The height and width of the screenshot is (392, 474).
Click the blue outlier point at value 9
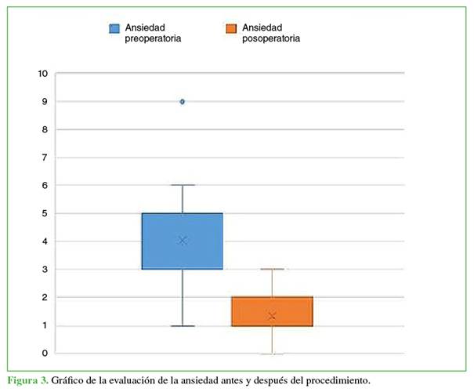[x=183, y=101]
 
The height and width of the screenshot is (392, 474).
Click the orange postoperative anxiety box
[x=272, y=311]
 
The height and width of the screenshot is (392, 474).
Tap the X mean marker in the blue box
[x=183, y=241]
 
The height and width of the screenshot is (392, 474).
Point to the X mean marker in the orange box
[x=272, y=316]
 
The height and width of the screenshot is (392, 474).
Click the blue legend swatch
[x=114, y=29]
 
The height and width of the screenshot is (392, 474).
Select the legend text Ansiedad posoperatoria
[x=270, y=32]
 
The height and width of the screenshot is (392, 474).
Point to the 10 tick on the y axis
[x=42, y=74]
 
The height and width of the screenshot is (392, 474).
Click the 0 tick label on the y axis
[x=45, y=354]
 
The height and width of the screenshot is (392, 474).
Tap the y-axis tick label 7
[x=45, y=158]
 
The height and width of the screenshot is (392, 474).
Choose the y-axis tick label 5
[x=45, y=213]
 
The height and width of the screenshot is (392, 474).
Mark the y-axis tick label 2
[x=45, y=297]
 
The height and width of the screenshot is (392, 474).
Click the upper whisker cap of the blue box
[x=183, y=185]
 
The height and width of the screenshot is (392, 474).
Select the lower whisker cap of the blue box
[x=183, y=325]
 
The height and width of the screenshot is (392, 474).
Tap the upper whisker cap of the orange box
[x=272, y=269]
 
